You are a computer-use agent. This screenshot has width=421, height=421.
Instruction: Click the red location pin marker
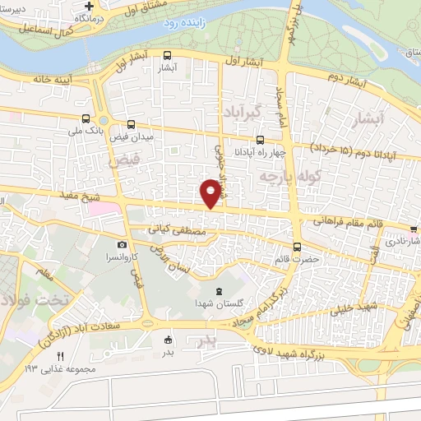pos(210,192)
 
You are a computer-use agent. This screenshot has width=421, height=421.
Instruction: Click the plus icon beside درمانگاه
pos(99,7)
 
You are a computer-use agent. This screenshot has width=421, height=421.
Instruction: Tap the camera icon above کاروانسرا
pos(122,244)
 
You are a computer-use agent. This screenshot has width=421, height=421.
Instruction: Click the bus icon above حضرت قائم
pos(297,245)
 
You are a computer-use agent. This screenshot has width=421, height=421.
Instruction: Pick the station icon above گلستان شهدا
pos(218,291)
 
